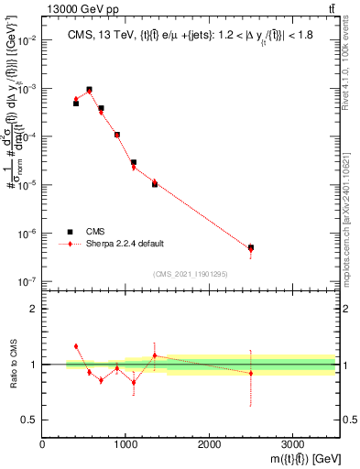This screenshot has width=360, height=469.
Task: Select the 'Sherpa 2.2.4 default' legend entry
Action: click(x=125, y=244)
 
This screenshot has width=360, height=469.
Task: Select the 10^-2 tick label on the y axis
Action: click(x=26, y=41)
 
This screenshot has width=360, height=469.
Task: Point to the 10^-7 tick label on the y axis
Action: click(x=26, y=281)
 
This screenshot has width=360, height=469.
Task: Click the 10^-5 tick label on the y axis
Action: click(x=26, y=185)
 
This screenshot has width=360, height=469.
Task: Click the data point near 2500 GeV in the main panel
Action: click(x=251, y=247)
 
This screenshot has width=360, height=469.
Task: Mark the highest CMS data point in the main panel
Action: click(x=89, y=90)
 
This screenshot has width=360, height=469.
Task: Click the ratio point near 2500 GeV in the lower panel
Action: click(x=251, y=373)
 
